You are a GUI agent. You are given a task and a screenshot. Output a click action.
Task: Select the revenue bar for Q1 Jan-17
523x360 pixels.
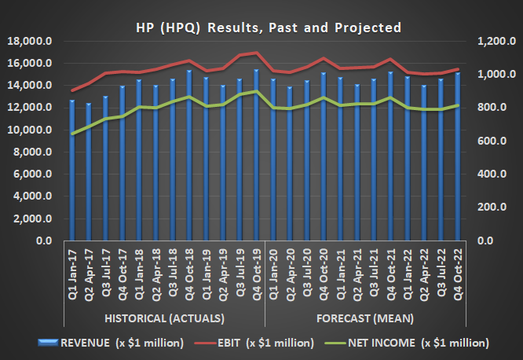[x=72, y=173]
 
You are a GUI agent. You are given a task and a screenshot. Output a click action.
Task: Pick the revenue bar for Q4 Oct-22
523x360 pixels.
[x=458, y=157]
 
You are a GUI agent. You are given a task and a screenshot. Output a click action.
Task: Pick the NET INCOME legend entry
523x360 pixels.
[x=419, y=343]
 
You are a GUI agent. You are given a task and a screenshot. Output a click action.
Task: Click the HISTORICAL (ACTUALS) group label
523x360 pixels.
[x=164, y=318]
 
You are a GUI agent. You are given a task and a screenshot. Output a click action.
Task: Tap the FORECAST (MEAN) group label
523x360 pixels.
[x=366, y=318]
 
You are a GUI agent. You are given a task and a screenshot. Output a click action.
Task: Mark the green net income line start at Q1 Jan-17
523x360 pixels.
[x=72, y=134]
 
